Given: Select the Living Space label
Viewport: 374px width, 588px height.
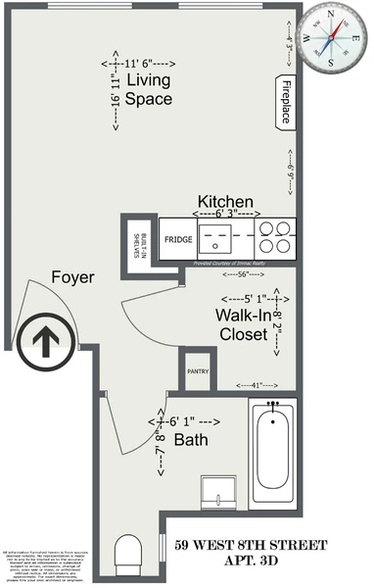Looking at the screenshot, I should pyautogui.click(x=149, y=89).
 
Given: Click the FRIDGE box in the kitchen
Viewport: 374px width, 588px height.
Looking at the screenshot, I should pyautogui.click(x=177, y=239).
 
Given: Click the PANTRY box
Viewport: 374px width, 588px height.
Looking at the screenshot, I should pyautogui.click(x=197, y=371).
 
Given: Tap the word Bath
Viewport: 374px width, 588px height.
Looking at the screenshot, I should pyautogui.click(x=191, y=440).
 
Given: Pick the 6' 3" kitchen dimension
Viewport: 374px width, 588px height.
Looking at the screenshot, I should pyautogui.click(x=226, y=214).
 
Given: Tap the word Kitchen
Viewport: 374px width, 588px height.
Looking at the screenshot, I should pyautogui.click(x=225, y=200).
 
